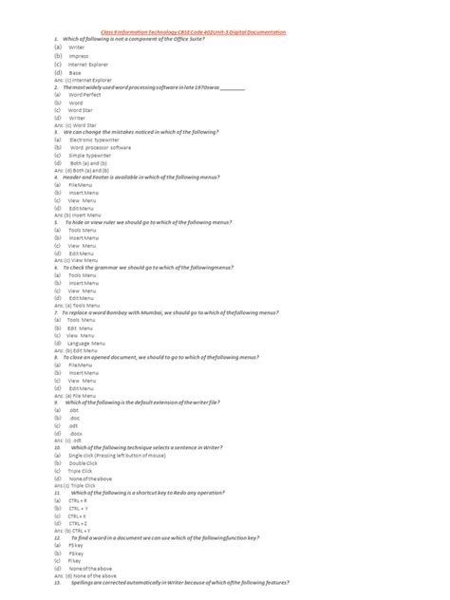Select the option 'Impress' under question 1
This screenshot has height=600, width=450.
click(x=79, y=56)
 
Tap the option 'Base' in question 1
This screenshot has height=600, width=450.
click(x=75, y=72)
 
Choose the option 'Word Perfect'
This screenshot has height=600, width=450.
click(x=85, y=95)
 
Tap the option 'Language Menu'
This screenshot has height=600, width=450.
click(x=88, y=343)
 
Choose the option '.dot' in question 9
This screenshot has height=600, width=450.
click(x=75, y=410)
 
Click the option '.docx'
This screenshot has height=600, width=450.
click(x=76, y=434)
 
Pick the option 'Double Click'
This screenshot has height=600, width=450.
click(x=83, y=463)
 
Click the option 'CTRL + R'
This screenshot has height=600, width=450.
click(x=78, y=500)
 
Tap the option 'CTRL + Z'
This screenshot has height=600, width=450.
click(x=78, y=523)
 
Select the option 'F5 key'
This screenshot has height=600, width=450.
click(x=77, y=546)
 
